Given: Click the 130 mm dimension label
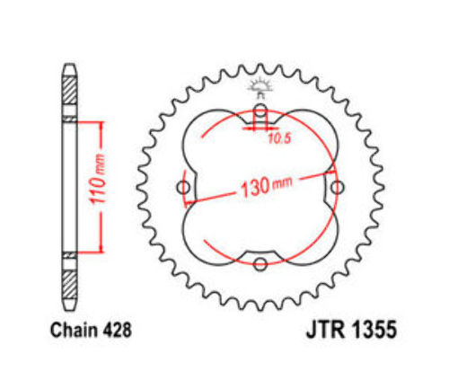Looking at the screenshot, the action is coord(267,187).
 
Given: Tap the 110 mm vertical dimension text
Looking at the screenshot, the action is coord(99,179).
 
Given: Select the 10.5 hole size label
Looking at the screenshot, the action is coord(279,138).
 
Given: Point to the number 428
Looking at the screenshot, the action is coord(117,331).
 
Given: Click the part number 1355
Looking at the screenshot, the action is coord(374,330).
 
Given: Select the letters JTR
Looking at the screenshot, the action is coord(327,330).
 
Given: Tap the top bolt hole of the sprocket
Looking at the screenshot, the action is coord(260,110).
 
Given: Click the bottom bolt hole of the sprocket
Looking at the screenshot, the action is coord(260,264).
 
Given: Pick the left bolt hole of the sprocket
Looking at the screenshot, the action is coord(183,188).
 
